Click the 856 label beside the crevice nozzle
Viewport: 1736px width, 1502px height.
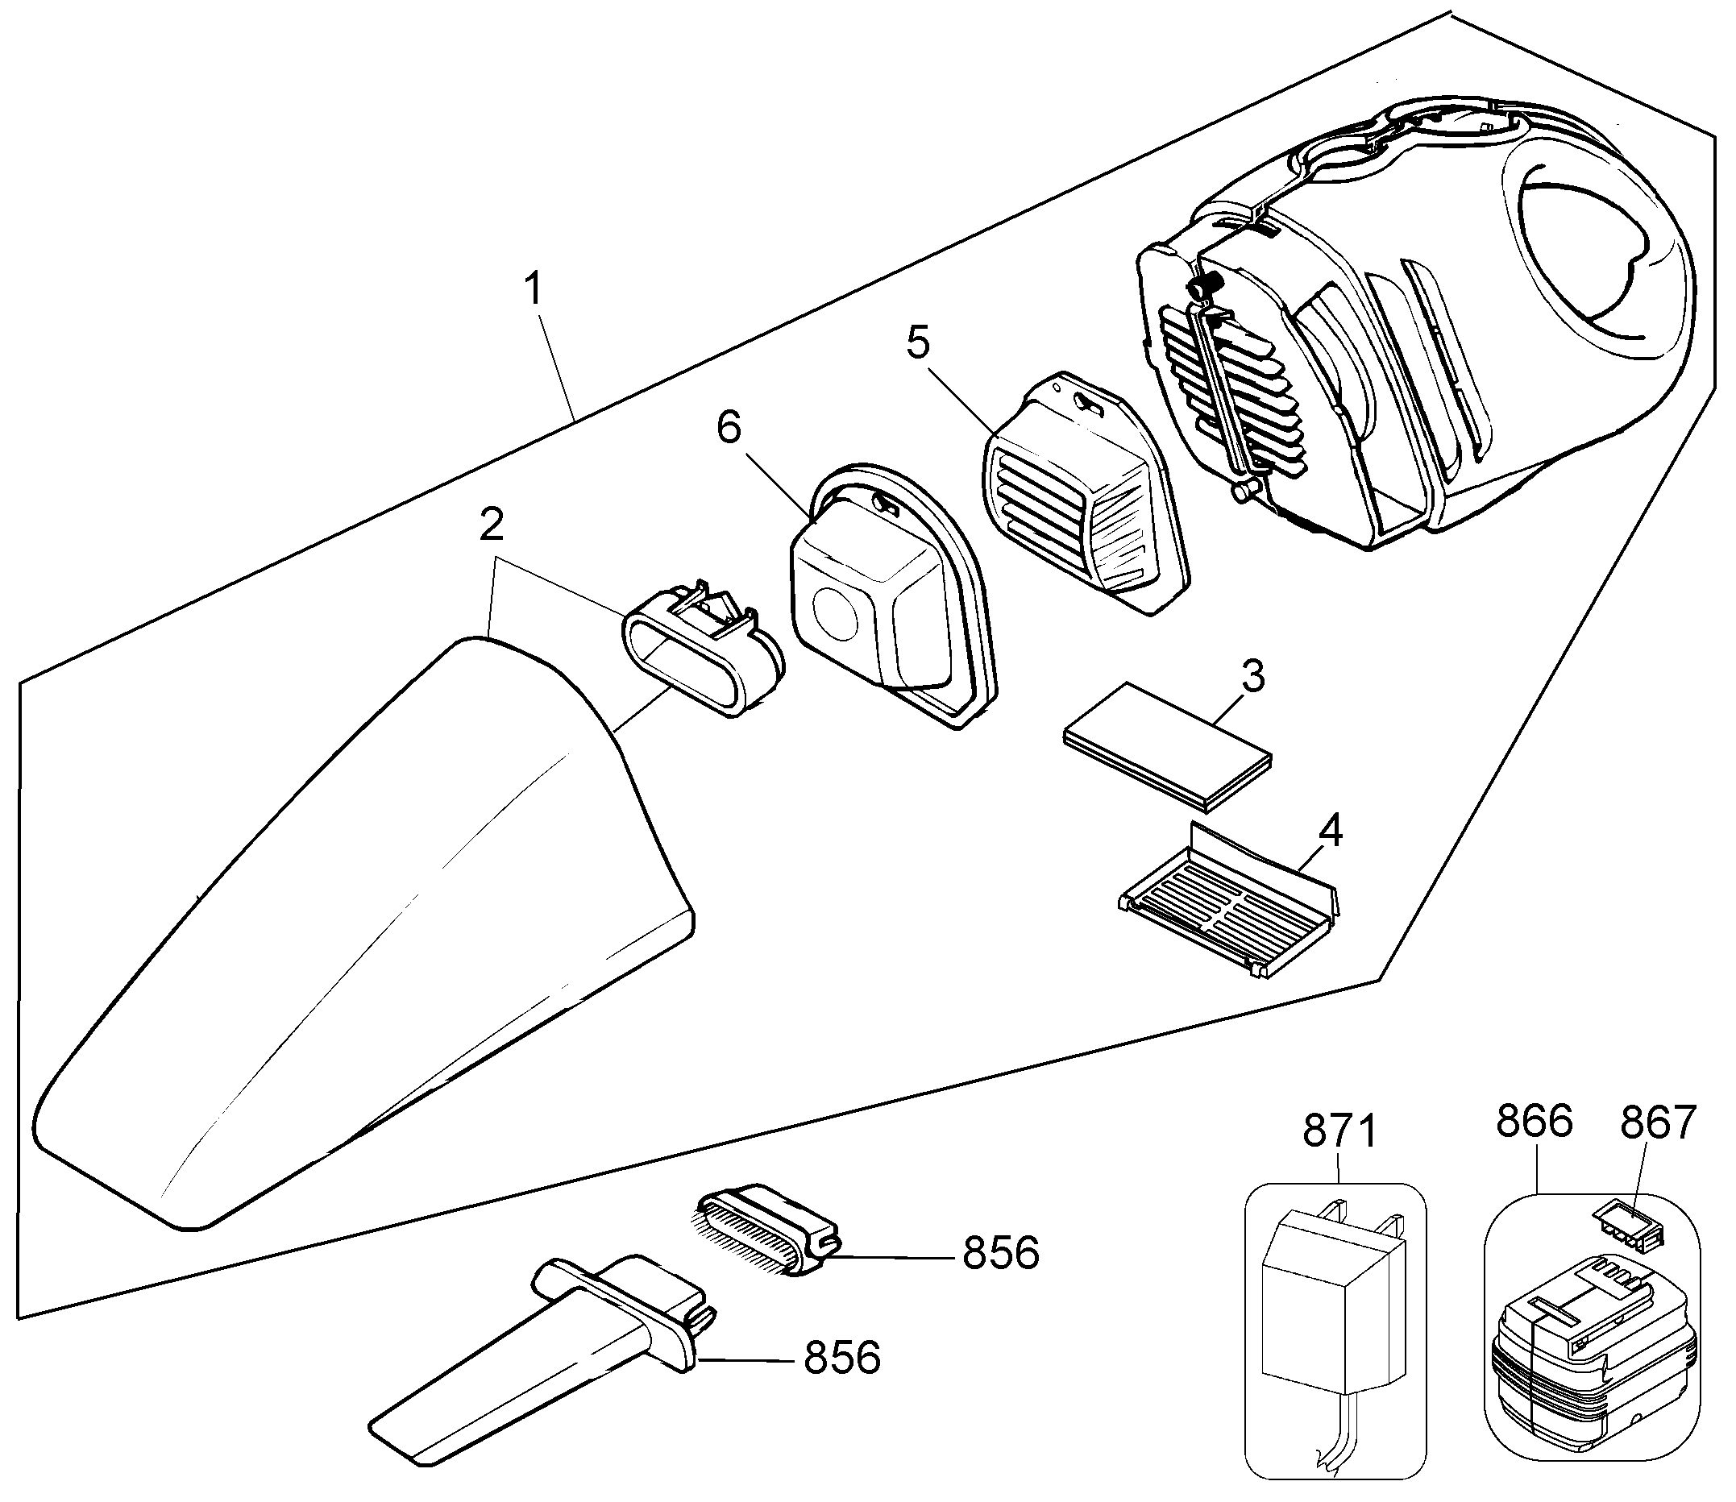tap(842, 1359)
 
